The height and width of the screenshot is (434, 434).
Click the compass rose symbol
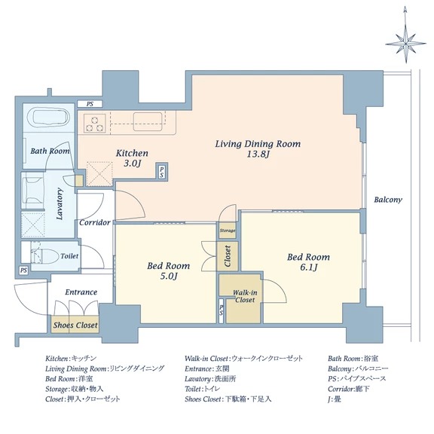tap(405, 44)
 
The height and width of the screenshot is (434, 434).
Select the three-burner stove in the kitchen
tap(95, 124)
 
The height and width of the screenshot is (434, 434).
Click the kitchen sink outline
tap(148, 121)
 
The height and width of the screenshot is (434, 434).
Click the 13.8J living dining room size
tap(258, 154)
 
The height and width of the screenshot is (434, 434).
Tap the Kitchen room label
tap(132, 153)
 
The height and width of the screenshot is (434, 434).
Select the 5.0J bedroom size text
tap(169, 276)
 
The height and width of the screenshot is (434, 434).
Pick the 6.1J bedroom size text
tap(309, 267)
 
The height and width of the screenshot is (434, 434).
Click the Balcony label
tap(388, 200)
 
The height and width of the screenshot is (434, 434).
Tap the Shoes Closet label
tap(75, 325)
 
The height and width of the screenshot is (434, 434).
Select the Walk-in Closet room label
tap(245, 296)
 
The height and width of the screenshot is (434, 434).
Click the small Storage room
tap(228, 231)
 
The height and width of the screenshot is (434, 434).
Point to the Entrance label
tap(81, 292)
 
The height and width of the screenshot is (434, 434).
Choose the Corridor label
tap(95, 222)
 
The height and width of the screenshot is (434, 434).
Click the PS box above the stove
tap(90, 104)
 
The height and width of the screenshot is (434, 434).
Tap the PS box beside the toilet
tap(23, 270)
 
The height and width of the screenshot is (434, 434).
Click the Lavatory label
tap(60, 203)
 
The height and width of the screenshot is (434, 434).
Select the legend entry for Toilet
tap(203, 389)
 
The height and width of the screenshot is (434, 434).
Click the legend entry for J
tap(335, 399)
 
